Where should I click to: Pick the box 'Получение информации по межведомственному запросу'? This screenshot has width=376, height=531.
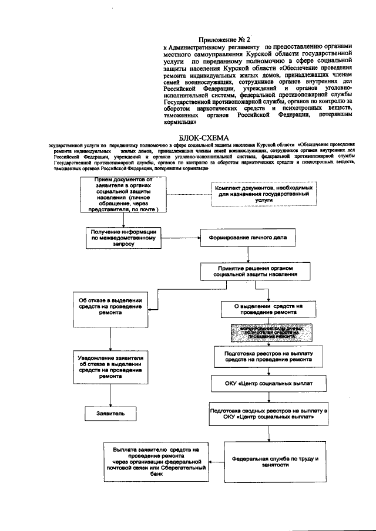[122, 237]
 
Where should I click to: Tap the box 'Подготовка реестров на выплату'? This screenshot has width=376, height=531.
[268, 357]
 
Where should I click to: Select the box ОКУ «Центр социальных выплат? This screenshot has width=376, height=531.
[270, 384]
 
